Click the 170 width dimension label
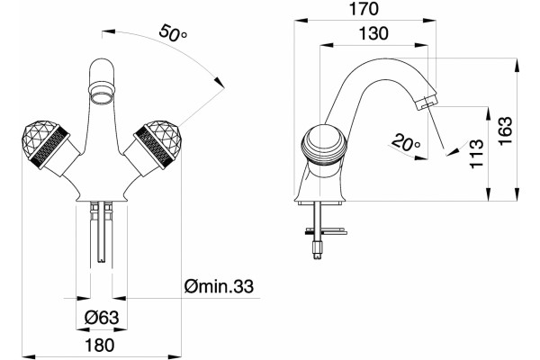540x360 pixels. click(364, 9)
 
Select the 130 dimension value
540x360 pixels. click(373, 33)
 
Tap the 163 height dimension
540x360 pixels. click(506, 130)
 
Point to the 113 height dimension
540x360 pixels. click(477, 154)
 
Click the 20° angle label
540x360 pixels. click(406, 142)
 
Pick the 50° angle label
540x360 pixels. click(173, 33)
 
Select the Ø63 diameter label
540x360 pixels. click(102, 318)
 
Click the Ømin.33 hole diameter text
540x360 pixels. click(219, 286)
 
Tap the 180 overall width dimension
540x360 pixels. click(99, 345)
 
